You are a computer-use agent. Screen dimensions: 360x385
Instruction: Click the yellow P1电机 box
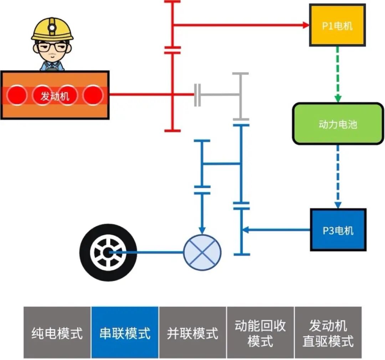tap(337, 25)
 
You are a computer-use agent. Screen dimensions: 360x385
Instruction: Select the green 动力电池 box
tap(338, 124)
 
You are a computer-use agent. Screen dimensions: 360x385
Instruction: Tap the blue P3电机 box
tap(338, 230)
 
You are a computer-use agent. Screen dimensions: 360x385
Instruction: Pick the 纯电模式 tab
tap(57, 333)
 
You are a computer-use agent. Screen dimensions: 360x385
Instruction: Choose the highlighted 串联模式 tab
tap(125, 333)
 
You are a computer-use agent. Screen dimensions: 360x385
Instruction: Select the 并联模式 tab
tap(192, 333)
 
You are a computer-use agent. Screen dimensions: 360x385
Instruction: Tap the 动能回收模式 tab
tap(260, 333)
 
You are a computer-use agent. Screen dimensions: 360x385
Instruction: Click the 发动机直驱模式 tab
tap(328, 333)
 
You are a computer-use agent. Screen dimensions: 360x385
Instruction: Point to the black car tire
tap(108, 253)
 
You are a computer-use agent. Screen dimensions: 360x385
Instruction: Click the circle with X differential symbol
tap(202, 253)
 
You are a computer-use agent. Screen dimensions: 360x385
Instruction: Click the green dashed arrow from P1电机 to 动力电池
tap(338, 73)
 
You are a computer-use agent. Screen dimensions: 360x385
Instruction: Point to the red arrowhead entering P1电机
tap(305, 25)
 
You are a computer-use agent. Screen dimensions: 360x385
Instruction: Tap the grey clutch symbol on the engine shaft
tap(197, 95)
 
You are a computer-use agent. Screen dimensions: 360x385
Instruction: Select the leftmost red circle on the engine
tap(16, 95)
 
